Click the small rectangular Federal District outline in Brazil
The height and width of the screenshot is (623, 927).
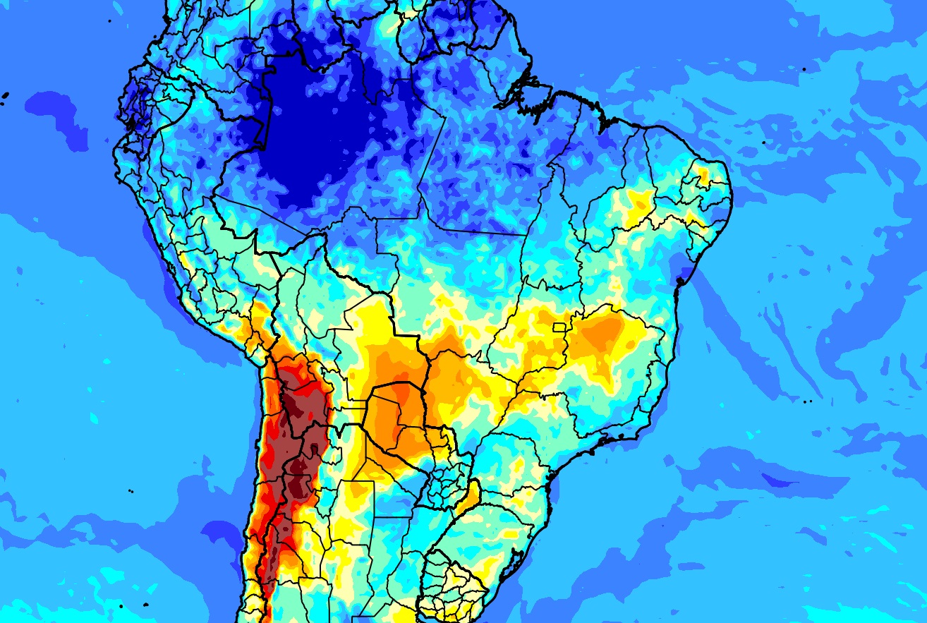click(560, 327)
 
